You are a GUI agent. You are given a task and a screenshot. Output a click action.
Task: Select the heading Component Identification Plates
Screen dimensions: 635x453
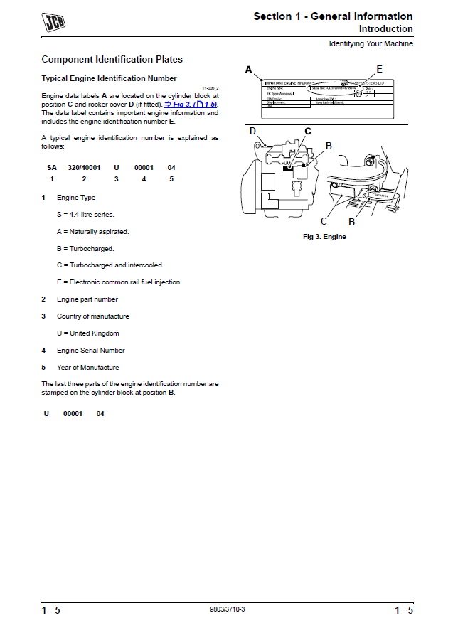coord(112,60)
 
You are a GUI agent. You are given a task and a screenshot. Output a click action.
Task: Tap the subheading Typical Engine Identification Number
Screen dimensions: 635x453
coord(109,78)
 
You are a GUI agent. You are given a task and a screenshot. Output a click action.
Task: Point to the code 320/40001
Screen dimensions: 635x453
coord(84,168)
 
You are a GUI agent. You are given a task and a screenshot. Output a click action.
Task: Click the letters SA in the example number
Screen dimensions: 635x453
coord(51,168)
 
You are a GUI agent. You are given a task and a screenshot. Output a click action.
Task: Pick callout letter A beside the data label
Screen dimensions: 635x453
coord(249,70)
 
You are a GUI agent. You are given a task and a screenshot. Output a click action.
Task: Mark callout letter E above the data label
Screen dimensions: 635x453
coord(379,69)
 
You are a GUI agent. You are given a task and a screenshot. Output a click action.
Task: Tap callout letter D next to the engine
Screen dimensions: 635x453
coord(252,131)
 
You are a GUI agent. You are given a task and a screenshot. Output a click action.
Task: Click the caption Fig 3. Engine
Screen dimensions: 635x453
coord(324,237)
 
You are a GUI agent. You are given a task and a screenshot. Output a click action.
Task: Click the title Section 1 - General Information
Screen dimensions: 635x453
coord(333,16)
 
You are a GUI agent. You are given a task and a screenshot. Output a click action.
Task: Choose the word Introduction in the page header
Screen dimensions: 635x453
coord(385,29)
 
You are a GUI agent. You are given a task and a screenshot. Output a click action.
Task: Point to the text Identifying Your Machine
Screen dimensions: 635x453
coord(371,44)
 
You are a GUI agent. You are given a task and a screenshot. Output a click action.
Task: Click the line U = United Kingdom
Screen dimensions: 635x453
coord(87,333)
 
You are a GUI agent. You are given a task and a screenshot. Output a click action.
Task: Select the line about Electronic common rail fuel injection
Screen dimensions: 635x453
coord(119,282)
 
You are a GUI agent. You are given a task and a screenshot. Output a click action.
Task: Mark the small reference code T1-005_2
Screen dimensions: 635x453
coord(210,87)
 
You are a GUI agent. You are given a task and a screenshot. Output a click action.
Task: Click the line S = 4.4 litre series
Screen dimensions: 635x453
coord(85,214)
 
